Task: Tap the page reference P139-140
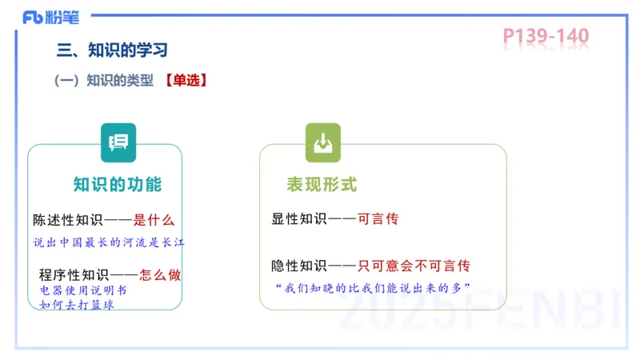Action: [546, 36]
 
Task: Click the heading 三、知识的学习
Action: [112, 50]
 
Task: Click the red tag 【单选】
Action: [186, 80]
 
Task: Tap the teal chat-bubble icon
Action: [118, 142]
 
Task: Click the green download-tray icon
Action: [322, 142]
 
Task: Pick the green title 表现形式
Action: [322, 185]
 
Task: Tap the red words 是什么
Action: [153, 220]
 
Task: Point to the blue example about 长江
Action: [109, 242]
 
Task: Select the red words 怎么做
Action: [160, 274]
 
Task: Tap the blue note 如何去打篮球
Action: [76, 304]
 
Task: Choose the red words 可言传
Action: [378, 218]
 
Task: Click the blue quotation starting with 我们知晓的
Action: [371, 286]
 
